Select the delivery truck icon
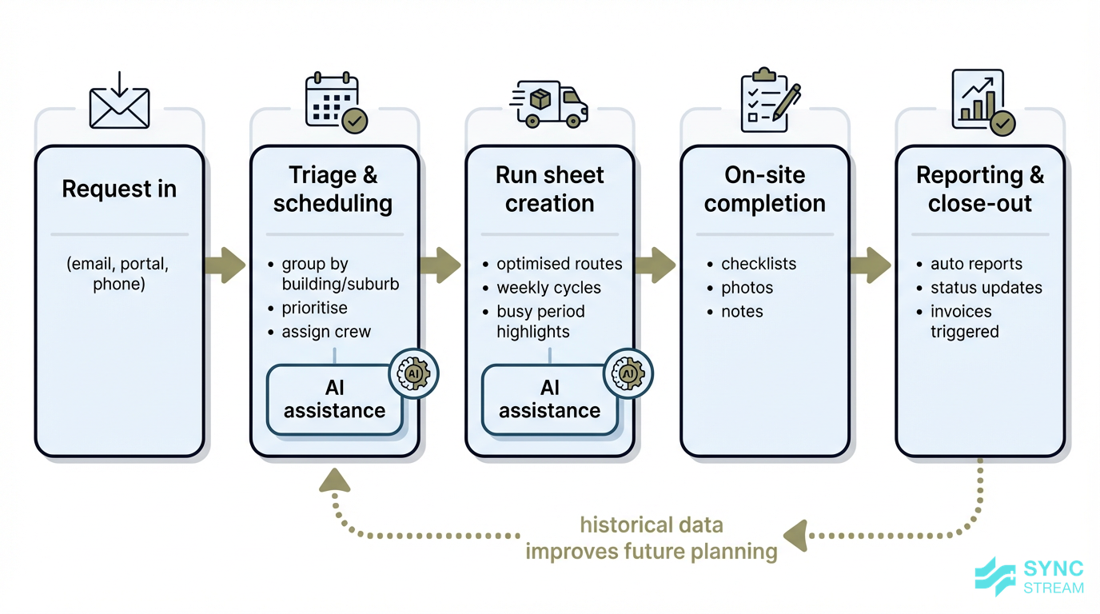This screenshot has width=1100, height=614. pos(550,104)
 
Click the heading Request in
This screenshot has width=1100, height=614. pos(119,189)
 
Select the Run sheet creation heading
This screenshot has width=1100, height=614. pos(550,189)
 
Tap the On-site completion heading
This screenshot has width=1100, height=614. pos(765,189)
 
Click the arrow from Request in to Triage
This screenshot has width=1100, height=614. pos(226,265)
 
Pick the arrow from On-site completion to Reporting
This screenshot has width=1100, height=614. pos(871,265)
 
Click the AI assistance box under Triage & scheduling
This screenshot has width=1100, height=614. pos(334,400)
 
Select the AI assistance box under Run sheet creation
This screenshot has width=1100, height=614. pos(549,400)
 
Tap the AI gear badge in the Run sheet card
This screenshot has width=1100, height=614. pos(628,373)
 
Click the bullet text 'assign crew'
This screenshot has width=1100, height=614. pos(326,332)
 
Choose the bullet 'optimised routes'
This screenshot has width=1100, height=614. pos(559,264)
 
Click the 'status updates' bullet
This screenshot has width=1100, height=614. pos(986,288)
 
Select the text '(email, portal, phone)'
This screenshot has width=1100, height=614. pos(119,273)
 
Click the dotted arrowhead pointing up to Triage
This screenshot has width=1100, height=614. pos(334,480)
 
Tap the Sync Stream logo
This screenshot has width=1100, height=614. pos(1030,577)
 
